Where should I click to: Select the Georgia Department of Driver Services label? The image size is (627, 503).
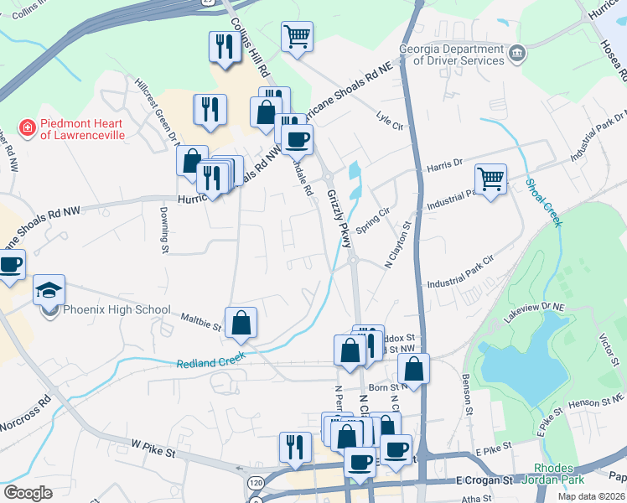[x=453, y=54]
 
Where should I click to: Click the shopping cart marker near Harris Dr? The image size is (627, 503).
[x=490, y=179]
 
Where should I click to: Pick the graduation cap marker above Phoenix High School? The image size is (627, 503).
[x=49, y=290]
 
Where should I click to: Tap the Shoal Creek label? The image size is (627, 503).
[x=544, y=202]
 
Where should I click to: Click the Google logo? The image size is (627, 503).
[x=28, y=493]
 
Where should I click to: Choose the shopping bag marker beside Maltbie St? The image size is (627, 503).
[x=241, y=323]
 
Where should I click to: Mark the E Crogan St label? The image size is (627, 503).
[x=484, y=480]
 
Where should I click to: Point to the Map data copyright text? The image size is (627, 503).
[x=590, y=496]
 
